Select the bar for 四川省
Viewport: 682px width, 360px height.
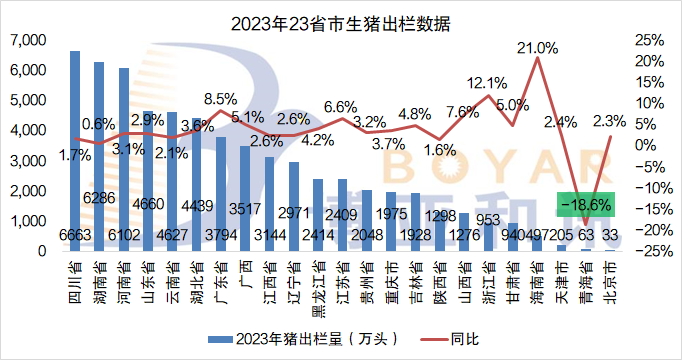(x=75, y=150)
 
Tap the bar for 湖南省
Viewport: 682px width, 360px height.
(x=99, y=155)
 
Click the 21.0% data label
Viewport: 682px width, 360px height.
(x=537, y=46)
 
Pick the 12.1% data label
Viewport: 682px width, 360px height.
(x=488, y=82)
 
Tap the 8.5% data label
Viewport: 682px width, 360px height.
(x=220, y=98)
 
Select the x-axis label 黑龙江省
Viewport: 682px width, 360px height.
(x=318, y=285)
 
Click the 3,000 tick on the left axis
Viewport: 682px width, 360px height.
(x=27, y=161)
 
